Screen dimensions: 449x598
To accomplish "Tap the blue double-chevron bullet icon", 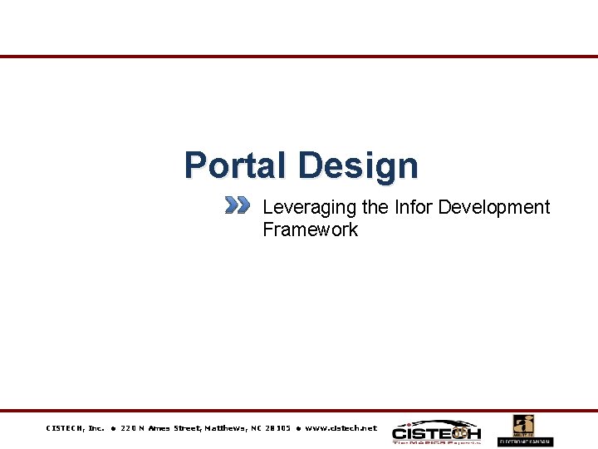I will [237, 205].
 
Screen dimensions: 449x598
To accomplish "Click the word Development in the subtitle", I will [494, 207].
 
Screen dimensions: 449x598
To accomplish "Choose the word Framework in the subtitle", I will [310, 229].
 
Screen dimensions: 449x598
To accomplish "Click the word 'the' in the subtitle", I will [375, 207].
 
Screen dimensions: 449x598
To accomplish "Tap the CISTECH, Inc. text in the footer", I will [75, 428].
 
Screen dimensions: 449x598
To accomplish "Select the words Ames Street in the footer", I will [175, 428].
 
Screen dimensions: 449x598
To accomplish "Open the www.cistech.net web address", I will [341, 428].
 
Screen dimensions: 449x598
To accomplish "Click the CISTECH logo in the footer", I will [436, 432].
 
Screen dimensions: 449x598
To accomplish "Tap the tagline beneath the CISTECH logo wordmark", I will [436, 442].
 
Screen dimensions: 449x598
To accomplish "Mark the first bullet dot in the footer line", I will [112, 428].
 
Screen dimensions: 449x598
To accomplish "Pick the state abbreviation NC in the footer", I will [259, 428].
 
